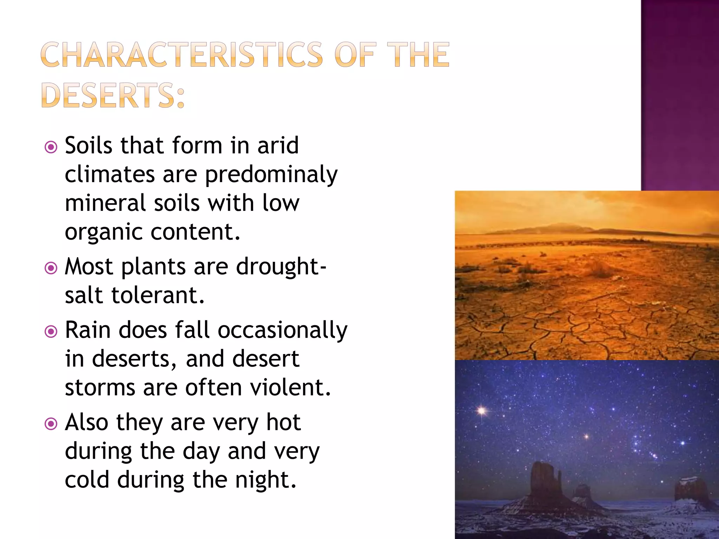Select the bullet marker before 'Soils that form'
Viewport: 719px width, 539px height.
point(51,147)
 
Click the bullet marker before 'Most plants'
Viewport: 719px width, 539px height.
point(51,268)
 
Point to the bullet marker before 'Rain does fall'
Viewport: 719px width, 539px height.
point(51,332)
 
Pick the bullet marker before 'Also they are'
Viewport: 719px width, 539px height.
point(51,424)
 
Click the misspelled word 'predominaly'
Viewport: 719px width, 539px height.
point(271,175)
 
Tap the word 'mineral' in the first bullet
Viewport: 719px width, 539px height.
point(105,203)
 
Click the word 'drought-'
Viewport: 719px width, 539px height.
point(281,267)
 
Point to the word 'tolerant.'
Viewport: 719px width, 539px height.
point(158,295)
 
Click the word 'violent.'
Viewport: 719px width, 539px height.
point(290,388)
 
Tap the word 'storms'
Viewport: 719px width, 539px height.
point(100,388)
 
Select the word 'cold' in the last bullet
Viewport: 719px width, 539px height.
point(87,480)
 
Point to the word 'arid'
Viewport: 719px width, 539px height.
point(278,146)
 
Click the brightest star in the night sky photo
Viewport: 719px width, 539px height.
point(482,410)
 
